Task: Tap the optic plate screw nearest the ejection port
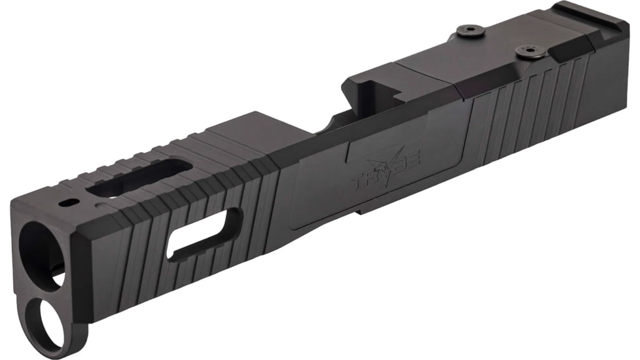472,29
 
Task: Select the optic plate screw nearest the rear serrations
525,50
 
